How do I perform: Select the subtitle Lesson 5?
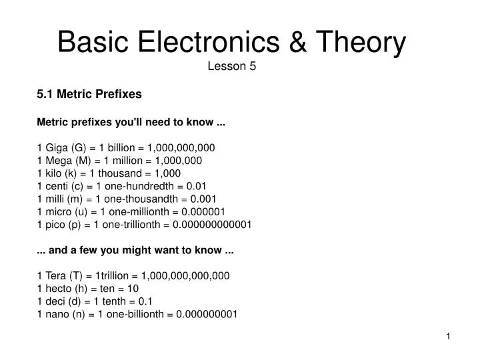point(233,66)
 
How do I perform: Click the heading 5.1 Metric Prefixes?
point(89,94)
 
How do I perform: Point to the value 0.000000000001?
point(212,224)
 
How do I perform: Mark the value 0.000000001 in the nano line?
point(207,313)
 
